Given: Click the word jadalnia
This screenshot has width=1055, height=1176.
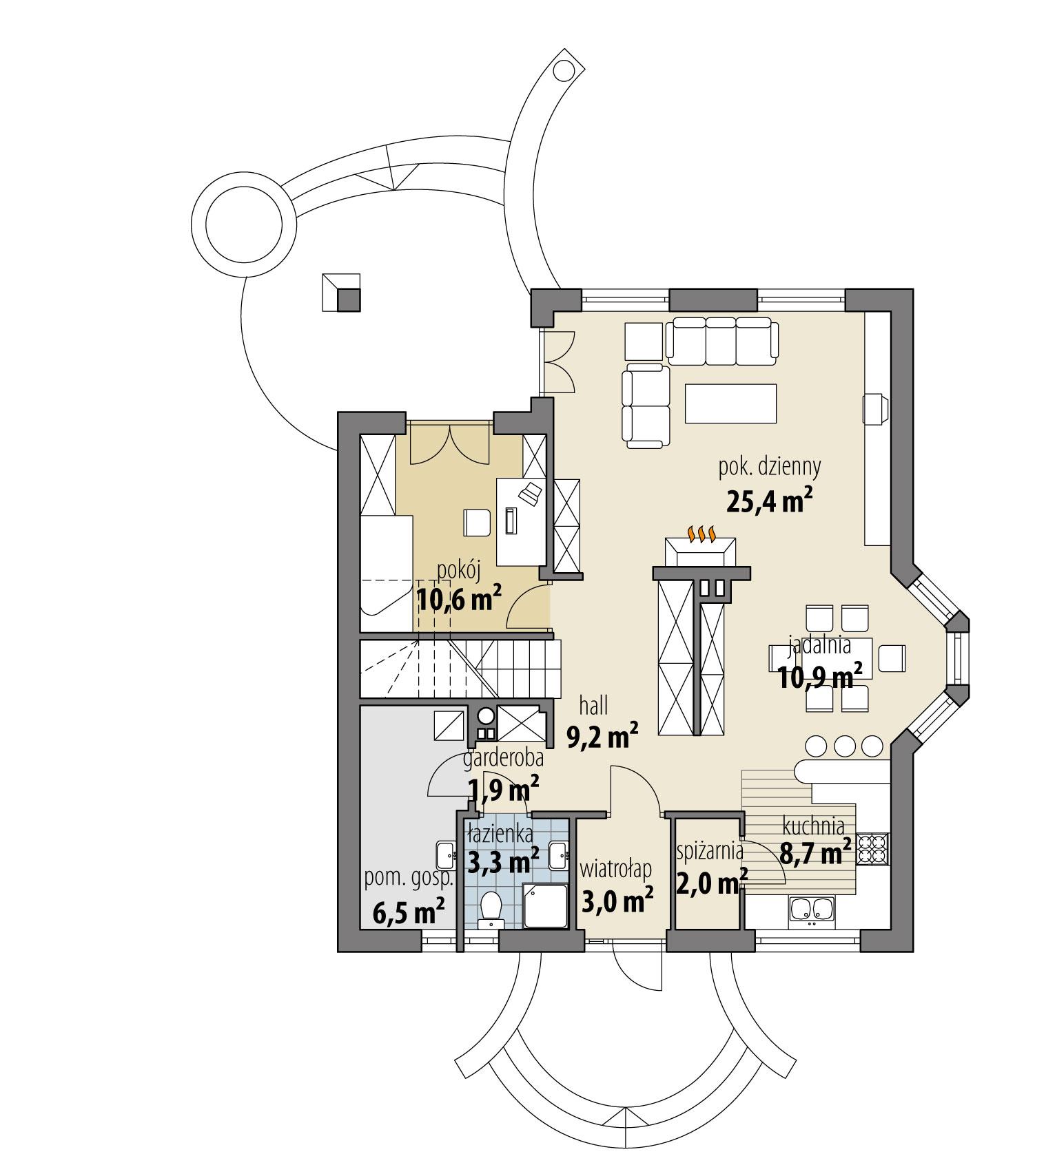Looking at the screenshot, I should [819, 646].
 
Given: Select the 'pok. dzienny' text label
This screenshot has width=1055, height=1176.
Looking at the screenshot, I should [770, 468].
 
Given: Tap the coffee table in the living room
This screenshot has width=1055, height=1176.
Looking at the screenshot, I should [731, 403].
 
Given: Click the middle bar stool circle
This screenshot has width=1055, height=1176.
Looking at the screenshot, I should [845, 746].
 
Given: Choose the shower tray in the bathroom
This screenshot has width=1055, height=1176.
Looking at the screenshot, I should [545, 905].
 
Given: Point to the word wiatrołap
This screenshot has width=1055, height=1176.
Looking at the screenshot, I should [615, 870].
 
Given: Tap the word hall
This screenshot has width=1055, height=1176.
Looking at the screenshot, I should [593, 705].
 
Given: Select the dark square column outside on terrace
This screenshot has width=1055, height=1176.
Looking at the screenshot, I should [348, 300].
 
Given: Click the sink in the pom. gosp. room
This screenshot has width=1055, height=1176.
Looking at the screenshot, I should [445, 856].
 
